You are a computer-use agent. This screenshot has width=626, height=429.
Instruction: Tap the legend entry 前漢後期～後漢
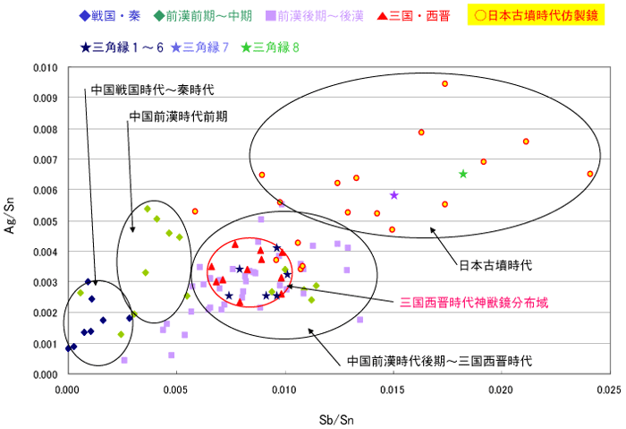[x=313, y=16]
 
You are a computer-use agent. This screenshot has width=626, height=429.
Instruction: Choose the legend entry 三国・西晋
[x=418, y=16]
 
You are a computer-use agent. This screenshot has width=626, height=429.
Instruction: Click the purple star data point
[x=394, y=195]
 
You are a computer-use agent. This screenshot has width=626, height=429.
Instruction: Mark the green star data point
[x=463, y=174]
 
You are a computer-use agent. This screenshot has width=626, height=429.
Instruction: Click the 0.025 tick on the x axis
[x=609, y=390]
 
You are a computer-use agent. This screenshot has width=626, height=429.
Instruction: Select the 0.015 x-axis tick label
[x=393, y=390]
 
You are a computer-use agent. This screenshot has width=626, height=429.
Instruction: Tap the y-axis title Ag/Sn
[x=12, y=220]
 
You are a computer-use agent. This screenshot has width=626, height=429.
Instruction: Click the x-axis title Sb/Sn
[x=337, y=418]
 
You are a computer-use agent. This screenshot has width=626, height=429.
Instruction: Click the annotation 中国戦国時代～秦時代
[x=152, y=90]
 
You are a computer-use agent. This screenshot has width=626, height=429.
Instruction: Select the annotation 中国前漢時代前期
[x=178, y=116]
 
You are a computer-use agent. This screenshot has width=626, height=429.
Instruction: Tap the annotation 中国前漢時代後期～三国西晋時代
[x=439, y=361]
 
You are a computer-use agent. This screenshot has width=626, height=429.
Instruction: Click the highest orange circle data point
[x=444, y=83]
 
